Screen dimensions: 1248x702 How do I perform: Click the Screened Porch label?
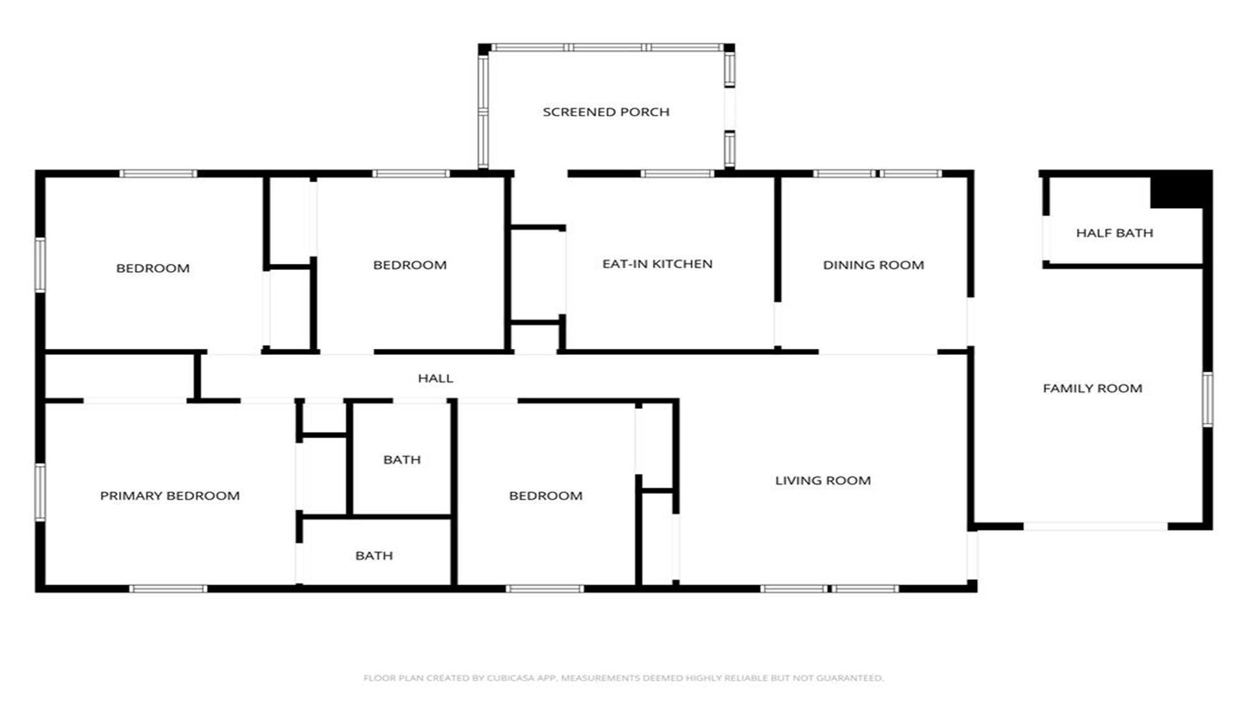[x=606, y=112]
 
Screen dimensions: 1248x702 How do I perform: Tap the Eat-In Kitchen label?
[x=657, y=264]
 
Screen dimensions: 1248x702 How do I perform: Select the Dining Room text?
[x=873, y=265]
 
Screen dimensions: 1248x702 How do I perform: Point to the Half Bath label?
[x=1114, y=233]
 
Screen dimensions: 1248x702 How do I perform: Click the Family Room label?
[x=1092, y=389]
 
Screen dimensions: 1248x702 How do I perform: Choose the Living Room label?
[x=823, y=481]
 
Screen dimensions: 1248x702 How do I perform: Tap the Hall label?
[x=435, y=378]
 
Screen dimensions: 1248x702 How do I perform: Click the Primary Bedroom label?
[x=170, y=496]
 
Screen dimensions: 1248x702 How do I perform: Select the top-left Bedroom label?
[x=153, y=268]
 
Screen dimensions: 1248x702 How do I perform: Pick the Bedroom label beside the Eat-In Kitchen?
[x=409, y=265]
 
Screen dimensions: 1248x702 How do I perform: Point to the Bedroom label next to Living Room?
[x=545, y=496]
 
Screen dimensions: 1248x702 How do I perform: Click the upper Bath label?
[x=402, y=460]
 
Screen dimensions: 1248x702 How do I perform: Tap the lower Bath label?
[x=374, y=556]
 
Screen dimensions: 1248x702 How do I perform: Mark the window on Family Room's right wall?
[x=1207, y=399]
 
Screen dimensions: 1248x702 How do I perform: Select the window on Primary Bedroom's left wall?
[x=40, y=492]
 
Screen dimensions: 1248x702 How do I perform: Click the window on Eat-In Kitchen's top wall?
[x=677, y=174]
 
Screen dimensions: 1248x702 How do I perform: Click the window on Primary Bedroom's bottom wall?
[x=168, y=589]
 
